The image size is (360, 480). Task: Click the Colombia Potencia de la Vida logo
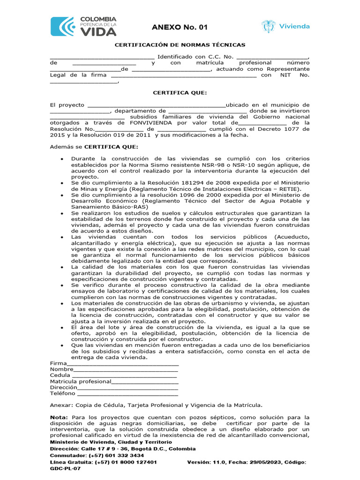[83, 26]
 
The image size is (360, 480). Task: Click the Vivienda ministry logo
[285, 26]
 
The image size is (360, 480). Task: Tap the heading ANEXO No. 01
[180, 28]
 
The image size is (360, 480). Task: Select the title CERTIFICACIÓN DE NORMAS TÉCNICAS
[180, 45]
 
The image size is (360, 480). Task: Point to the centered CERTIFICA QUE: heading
[180, 93]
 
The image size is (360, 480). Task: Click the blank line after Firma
[123, 363]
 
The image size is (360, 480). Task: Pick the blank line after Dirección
[127, 388]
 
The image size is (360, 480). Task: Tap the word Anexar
[61, 405]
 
